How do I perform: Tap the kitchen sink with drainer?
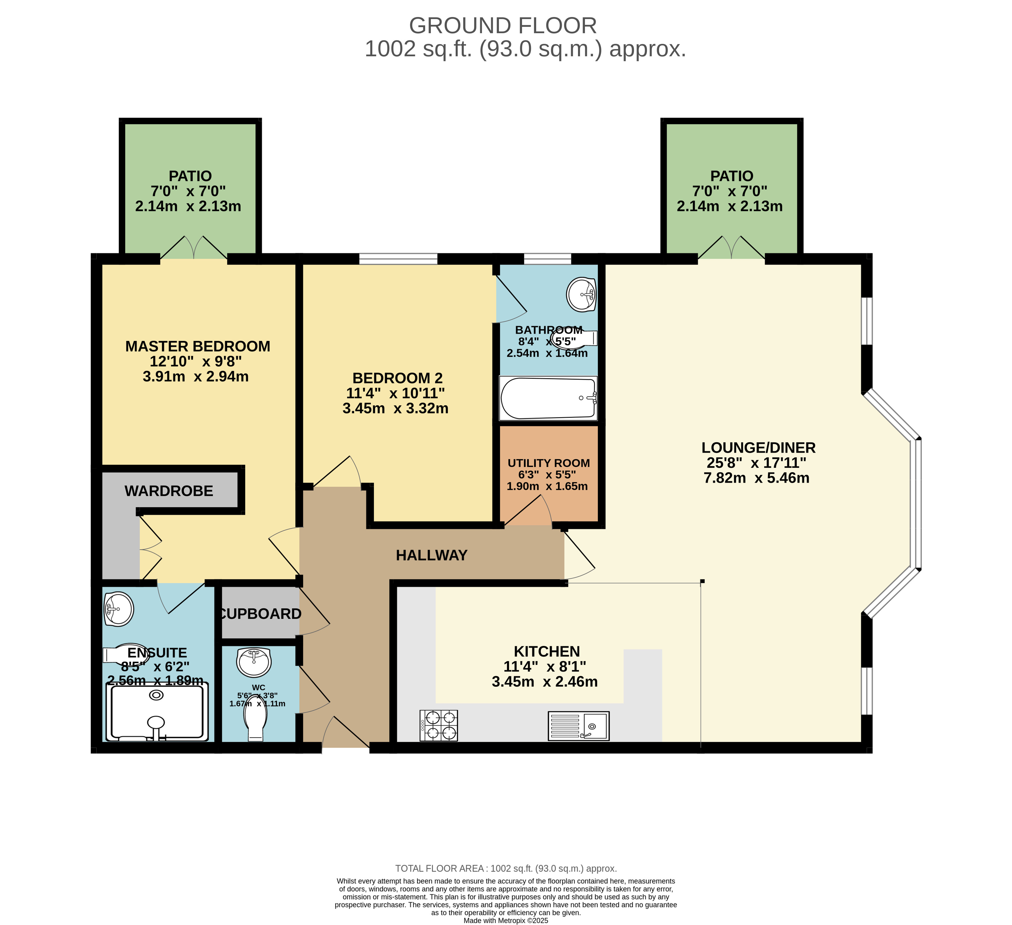point(578,726)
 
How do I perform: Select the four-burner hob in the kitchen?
point(439,726)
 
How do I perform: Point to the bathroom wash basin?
point(581,294)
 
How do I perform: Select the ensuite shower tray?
point(157,712)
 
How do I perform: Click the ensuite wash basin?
point(119,609)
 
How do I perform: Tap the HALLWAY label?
point(432,555)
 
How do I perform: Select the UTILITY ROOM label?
point(549,463)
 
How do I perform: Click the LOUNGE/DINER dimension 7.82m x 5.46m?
point(757,478)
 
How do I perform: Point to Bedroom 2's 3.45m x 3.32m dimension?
point(396,408)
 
